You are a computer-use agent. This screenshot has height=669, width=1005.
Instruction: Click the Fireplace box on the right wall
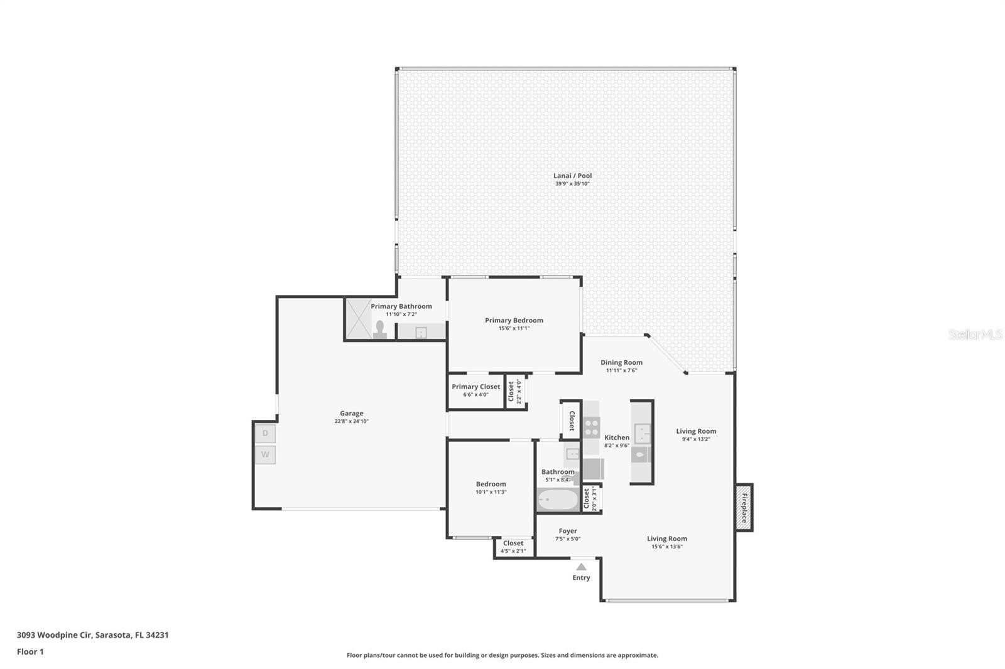tap(744, 508)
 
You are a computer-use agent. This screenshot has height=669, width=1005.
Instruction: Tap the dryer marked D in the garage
tap(265, 433)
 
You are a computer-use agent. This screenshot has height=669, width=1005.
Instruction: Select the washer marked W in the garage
tap(265, 454)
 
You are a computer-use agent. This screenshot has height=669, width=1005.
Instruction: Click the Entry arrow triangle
tap(581, 567)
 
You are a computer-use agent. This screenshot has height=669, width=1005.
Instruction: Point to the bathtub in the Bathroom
tap(558, 500)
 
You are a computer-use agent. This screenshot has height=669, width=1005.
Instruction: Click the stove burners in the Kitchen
tap(592, 427)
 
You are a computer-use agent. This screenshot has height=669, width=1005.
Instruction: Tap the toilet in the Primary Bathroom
tap(380, 329)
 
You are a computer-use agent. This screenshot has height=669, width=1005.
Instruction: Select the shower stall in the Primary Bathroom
tap(359, 318)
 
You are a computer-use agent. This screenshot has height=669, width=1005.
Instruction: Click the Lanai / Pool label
tap(572, 176)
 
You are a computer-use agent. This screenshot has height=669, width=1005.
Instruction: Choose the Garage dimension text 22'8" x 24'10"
tap(351, 421)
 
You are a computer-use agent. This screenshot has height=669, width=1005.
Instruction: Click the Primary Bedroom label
tap(514, 320)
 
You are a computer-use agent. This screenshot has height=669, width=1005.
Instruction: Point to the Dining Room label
tap(621, 362)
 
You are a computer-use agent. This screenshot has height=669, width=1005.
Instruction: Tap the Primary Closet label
tap(475, 387)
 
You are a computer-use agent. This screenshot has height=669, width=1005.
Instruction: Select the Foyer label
tap(568, 531)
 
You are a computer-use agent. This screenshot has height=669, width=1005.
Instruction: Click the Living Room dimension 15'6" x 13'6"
tap(666, 547)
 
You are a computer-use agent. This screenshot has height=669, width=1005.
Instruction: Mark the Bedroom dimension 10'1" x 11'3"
tap(491, 492)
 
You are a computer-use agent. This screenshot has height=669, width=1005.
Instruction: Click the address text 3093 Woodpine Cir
tap(54, 635)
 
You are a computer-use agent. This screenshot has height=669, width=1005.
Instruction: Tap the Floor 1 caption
tap(30, 652)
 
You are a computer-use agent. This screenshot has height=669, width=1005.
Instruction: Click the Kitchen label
tap(616, 437)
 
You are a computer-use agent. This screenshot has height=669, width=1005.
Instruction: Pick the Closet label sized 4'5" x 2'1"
tap(513, 543)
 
